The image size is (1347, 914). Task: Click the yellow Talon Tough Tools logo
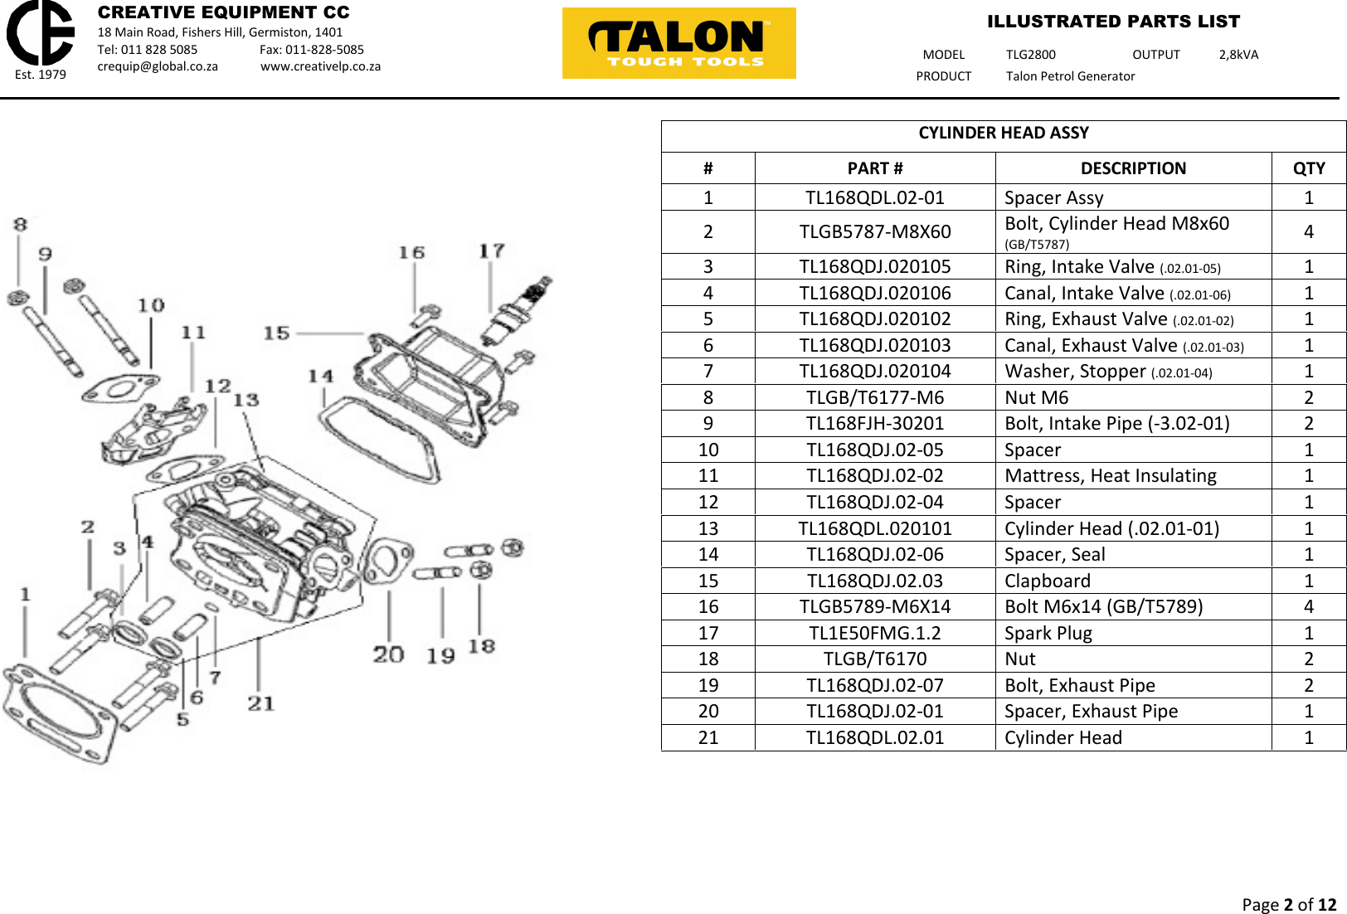point(678,43)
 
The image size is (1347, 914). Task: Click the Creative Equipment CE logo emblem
point(40,33)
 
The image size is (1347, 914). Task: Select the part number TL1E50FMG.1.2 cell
point(874,634)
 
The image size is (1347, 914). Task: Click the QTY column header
point(1308,168)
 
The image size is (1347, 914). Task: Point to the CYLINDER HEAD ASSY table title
point(1003,134)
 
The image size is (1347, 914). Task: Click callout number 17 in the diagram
point(491,250)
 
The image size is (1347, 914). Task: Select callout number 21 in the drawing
point(260,703)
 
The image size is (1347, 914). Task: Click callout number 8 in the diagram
point(21,224)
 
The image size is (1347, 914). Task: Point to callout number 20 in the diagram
point(388,654)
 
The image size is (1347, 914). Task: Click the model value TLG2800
point(1030,55)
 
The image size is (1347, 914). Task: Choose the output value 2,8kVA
point(1238,55)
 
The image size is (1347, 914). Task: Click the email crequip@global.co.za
point(158,66)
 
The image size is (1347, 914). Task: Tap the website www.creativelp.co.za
point(320,66)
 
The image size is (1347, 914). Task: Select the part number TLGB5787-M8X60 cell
point(874,232)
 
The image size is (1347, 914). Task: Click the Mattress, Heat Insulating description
point(1110,476)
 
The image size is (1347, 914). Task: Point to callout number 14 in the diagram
point(320,377)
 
